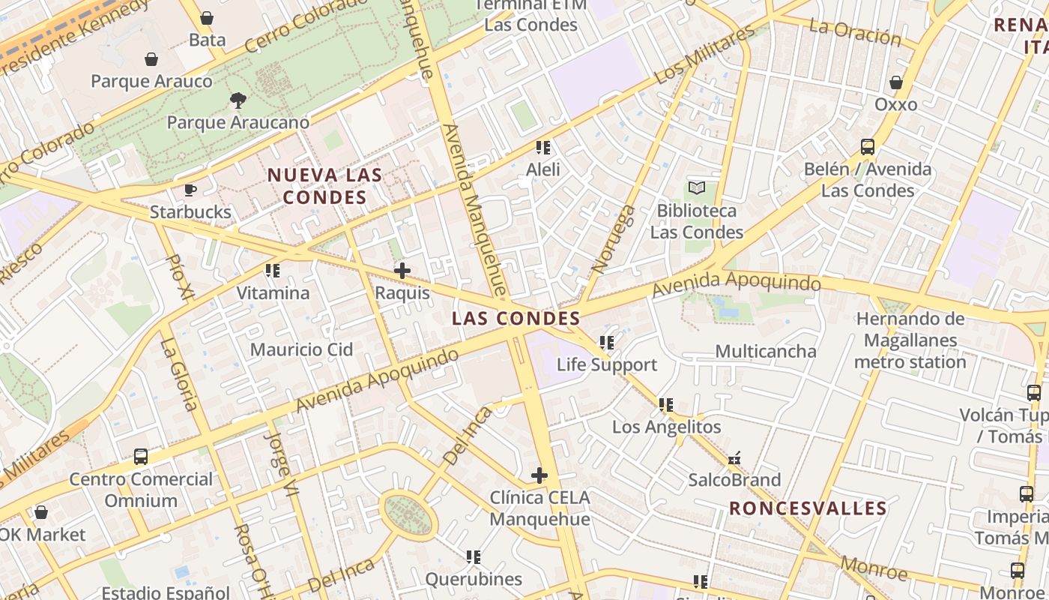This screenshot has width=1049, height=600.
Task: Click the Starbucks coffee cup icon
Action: coord(190,190)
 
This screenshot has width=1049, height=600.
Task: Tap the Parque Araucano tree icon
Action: coord(238,100)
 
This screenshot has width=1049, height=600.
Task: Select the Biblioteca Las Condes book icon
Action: coord(697,188)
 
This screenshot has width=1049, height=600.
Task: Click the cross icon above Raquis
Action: coord(402,271)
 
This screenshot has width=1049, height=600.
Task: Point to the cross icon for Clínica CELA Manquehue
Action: coord(539,475)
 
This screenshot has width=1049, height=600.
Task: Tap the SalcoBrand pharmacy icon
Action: coord(734,458)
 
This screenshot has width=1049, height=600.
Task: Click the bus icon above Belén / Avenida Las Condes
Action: coord(868,147)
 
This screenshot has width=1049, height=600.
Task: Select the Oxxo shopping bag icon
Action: coord(896,82)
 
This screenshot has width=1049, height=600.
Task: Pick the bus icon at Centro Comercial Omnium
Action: coord(140,456)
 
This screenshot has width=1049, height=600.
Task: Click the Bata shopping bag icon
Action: coord(207,18)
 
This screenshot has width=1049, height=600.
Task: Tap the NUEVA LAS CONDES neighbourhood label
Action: coord(325,186)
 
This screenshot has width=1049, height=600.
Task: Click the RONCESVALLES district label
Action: coord(808,508)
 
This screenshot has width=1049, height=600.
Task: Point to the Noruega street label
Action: coord(614,238)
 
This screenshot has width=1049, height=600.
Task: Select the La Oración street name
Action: coord(855,32)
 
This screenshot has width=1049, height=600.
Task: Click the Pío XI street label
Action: coord(178,278)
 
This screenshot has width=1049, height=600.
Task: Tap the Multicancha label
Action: coord(766,351)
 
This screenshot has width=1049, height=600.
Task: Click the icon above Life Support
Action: coord(607,343)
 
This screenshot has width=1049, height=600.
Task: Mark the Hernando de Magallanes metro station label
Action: coord(910,340)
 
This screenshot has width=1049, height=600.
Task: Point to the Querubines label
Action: coord(474,579)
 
